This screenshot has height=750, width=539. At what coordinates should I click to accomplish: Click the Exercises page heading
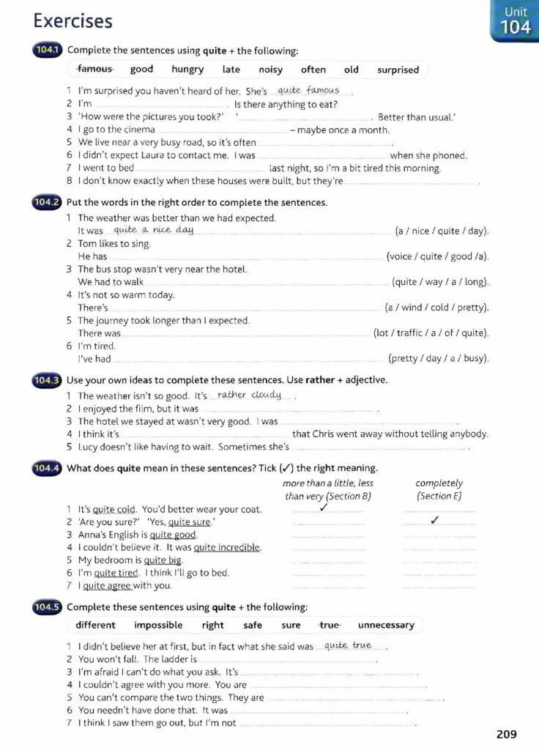73,21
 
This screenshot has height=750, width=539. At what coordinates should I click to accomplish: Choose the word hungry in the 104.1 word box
187,70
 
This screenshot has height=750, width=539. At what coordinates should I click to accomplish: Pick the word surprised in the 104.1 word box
398,70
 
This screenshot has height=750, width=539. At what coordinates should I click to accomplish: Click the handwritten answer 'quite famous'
309,90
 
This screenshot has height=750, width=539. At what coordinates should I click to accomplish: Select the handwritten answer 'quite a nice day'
154,229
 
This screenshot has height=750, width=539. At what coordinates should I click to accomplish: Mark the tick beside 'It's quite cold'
323,508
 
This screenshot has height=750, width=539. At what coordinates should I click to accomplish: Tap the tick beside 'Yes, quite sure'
435,521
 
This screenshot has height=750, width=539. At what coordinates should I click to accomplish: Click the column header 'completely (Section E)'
439,490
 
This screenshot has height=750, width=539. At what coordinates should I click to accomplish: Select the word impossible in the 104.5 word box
158,625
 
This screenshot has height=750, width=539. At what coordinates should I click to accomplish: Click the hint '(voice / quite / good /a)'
437,256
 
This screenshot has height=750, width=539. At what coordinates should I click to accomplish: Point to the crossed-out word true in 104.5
330,625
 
